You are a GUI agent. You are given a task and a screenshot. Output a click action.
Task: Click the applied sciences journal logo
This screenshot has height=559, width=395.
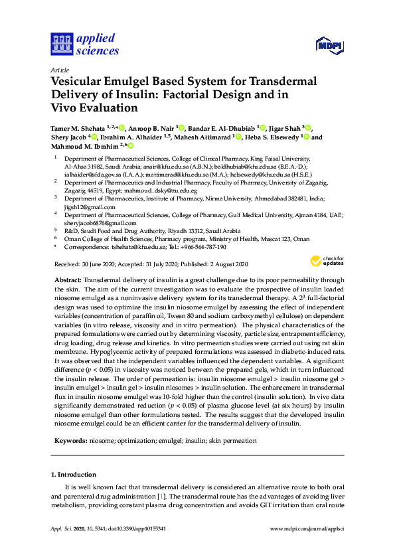pyautogui.click(x=84, y=44)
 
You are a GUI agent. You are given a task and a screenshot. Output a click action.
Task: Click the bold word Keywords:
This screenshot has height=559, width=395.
pyautogui.click(x=70, y=441)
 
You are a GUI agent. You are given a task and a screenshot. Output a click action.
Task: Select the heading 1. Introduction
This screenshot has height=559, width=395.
pyautogui.click(x=73, y=475)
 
